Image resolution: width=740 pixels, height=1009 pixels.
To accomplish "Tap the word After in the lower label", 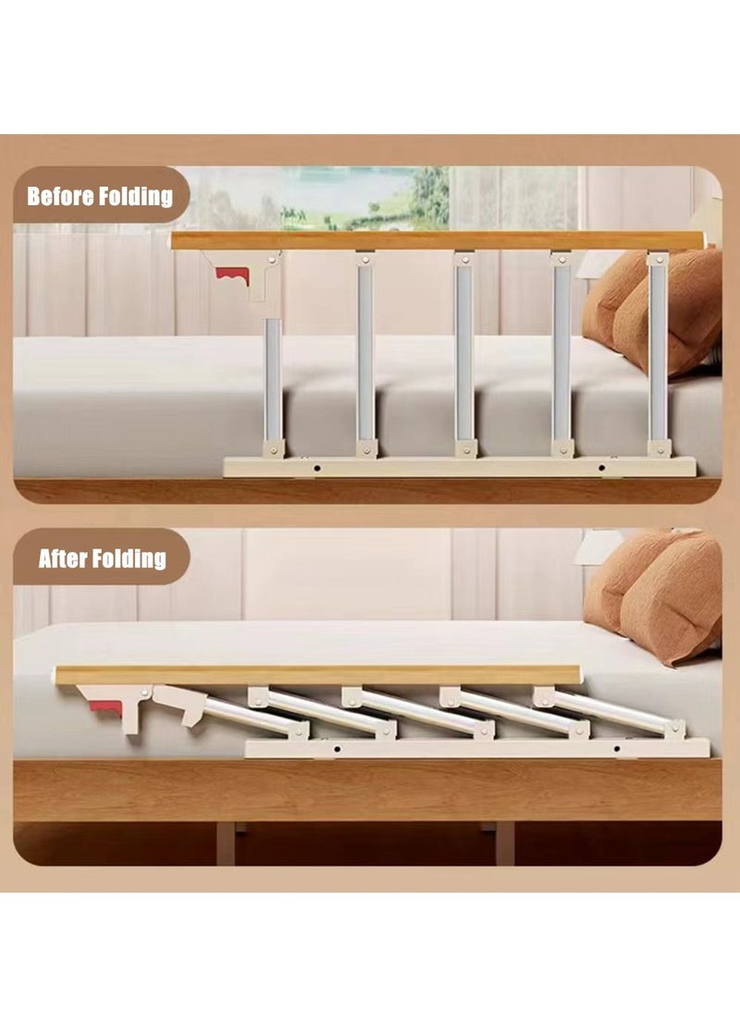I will pos(62,559).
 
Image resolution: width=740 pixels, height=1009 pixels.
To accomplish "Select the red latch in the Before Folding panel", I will pos(231,274).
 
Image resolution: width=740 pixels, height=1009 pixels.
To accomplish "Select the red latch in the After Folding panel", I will pos(105,709).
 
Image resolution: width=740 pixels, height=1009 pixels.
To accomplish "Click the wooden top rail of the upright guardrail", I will pos(435,240).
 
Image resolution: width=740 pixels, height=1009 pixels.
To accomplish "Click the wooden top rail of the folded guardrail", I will pos(314,675).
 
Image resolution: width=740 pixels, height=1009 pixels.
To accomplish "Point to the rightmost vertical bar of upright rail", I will pos(658,351).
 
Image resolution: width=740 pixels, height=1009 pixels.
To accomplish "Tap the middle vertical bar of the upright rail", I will pos(463,351).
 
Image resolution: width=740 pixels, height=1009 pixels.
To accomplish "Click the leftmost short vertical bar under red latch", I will pos(273,379).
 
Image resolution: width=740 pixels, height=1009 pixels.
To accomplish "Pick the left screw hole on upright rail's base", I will pos(316,468).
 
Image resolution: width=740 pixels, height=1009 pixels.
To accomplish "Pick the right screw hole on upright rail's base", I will pos(607,468).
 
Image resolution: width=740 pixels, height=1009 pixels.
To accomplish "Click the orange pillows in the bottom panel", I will pos(657,592).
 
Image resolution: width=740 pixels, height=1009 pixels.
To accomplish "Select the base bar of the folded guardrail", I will pos(476,748).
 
